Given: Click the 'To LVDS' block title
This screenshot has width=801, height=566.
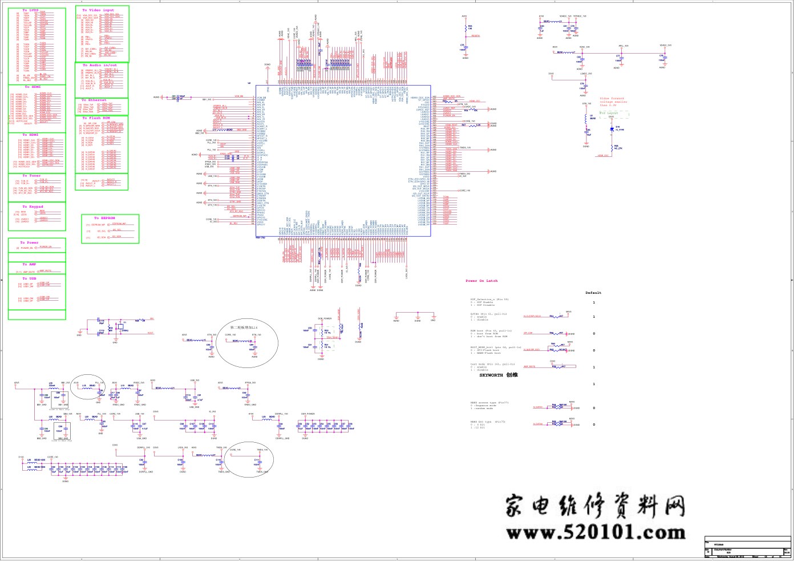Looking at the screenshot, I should click(x=31, y=10).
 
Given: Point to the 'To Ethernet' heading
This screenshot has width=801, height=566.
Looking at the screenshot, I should click(x=94, y=100).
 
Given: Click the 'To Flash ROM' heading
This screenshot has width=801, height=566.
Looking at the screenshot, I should click(x=96, y=118).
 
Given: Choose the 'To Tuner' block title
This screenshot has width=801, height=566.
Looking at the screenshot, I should click(x=31, y=176).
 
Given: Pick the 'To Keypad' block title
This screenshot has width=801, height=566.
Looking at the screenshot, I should click(x=33, y=207).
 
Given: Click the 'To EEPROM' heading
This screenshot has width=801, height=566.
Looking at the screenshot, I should click(x=105, y=218).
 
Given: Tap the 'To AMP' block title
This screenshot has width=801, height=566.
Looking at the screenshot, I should click(x=29, y=264).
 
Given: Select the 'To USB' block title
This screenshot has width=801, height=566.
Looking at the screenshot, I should click(x=29, y=278).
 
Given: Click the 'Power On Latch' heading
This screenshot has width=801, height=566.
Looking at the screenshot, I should click(x=482, y=281).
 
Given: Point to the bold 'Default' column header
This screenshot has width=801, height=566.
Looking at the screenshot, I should click(x=593, y=293).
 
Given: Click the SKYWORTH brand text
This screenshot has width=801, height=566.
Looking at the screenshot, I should click(x=498, y=375).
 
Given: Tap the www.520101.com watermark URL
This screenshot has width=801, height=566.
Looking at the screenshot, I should click(x=595, y=532).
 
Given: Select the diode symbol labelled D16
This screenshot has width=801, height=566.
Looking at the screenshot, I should click(x=611, y=128).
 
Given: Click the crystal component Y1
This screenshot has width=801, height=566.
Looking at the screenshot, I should click(x=120, y=326).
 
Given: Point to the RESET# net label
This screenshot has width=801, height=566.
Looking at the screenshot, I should click(x=475, y=36).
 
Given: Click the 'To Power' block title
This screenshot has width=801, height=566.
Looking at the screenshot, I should click(x=30, y=242).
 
